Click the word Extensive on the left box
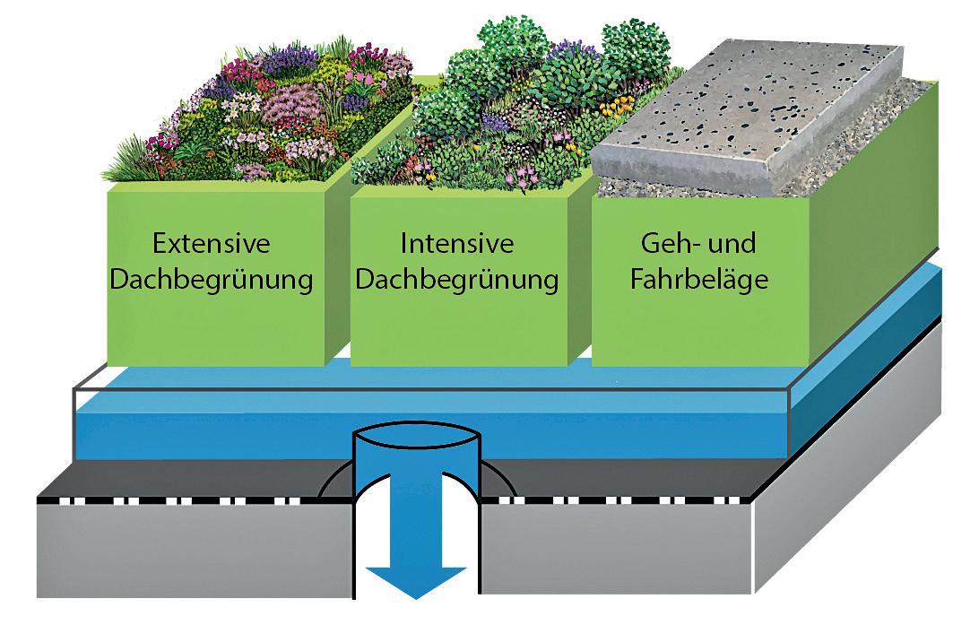pos(212,244)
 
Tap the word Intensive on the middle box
pos(457,244)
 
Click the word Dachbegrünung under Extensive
pos(212,279)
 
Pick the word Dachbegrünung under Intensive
pos(457,279)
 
